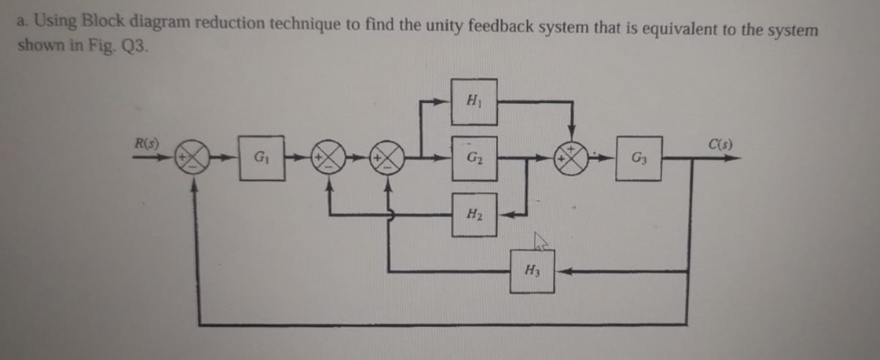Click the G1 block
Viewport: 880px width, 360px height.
coord(262,158)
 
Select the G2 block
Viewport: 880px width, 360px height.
coord(473,158)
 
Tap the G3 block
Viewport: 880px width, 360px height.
coord(638,158)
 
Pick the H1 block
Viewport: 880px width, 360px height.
coord(473,102)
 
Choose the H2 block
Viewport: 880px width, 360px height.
coord(473,214)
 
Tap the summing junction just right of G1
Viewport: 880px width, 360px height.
coord(330,158)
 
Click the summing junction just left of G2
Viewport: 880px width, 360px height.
coord(389,158)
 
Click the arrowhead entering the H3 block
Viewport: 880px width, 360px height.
coord(562,271)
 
